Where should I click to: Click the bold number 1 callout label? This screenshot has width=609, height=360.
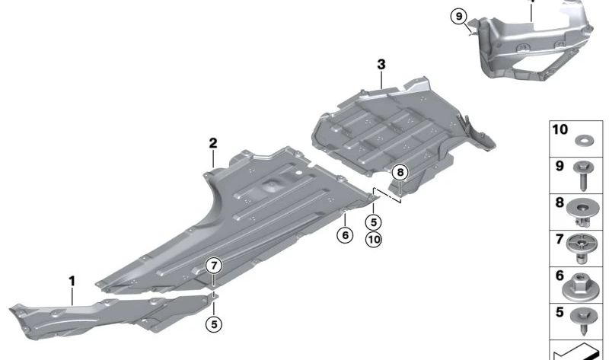(x=72, y=281)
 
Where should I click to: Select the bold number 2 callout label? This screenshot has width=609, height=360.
(x=213, y=143)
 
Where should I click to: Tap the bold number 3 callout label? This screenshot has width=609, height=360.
(x=381, y=64)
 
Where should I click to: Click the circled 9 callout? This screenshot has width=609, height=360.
(x=459, y=16)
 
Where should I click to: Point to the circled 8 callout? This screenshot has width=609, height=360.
(x=400, y=172)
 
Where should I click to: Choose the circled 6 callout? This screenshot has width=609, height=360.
(x=345, y=234)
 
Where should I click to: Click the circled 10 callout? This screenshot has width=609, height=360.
(x=374, y=239)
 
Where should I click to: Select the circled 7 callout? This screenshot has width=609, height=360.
(x=214, y=266)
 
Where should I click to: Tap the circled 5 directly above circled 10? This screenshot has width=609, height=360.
(x=374, y=221)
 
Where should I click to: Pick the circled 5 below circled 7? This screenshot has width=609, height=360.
(x=214, y=323)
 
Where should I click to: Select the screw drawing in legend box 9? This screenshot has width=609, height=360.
(x=583, y=175)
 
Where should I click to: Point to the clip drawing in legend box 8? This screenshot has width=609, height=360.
(x=582, y=213)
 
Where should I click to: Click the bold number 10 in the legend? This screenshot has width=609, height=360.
(x=560, y=129)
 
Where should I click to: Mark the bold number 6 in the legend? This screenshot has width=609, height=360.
(x=560, y=276)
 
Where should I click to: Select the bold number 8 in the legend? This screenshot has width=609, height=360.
(x=560, y=202)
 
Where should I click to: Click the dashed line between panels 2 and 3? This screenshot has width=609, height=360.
(x=387, y=195)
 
